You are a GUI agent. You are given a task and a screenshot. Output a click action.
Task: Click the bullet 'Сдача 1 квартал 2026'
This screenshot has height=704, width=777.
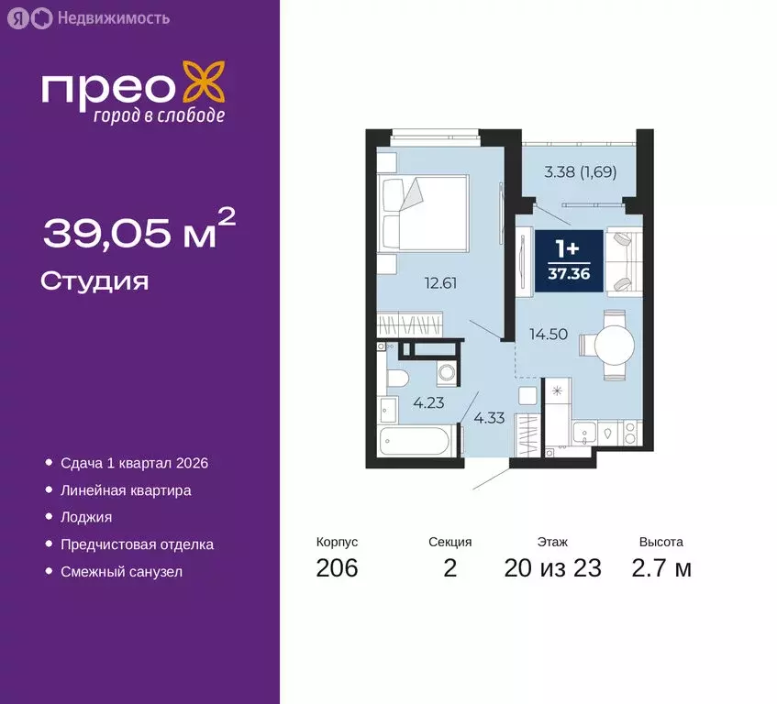134,463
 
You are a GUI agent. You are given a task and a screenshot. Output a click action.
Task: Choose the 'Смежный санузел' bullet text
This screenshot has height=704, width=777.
121,571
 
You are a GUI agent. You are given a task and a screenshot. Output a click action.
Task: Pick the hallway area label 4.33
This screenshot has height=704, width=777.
489,418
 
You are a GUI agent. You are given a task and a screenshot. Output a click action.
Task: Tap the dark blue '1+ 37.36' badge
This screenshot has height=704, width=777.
569,262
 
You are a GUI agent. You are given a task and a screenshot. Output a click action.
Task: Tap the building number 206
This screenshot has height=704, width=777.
337,568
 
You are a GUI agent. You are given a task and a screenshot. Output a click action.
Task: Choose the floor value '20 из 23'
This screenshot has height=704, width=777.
552,568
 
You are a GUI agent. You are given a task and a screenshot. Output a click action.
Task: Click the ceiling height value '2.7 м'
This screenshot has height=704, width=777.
661,568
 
